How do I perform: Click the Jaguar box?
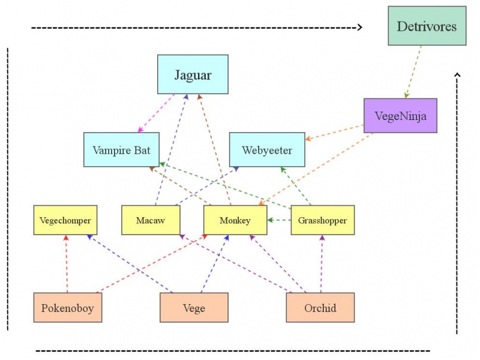[x=193, y=74]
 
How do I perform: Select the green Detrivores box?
[x=427, y=26]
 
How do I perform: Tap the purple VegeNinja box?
[x=400, y=116]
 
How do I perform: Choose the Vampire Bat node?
[x=121, y=149]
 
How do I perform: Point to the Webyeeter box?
[x=267, y=149]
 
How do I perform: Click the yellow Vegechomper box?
[x=65, y=220]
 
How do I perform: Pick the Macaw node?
[x=151, y=220]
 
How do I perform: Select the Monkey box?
[x=235, y=220]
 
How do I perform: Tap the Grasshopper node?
[x=322, y=220]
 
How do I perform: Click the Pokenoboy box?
[x=68, y=308]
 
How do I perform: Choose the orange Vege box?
[x=194, y=308]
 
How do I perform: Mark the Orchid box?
[x=320, y=308]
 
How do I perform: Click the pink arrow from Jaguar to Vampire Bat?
[x=157, y=113]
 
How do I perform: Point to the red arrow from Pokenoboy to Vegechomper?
[x=67, y=264]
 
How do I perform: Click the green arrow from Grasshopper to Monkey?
[x=279, y=220]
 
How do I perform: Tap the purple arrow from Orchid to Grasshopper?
[x=322, y=264]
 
